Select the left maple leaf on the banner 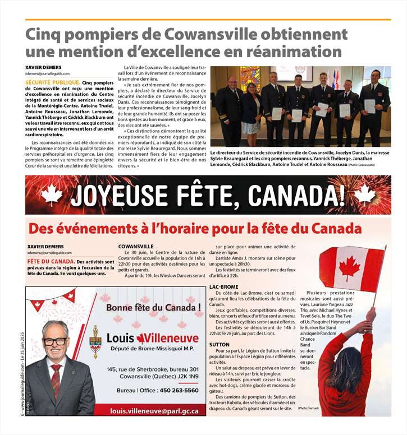point(52,195)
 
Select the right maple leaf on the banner point(363,195)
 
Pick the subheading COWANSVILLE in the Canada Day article point(136,246)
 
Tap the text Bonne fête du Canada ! point(153,307)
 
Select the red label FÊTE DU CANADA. point(51,262)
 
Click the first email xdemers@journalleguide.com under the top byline point(48,73)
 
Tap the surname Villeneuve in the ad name point(168,338)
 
